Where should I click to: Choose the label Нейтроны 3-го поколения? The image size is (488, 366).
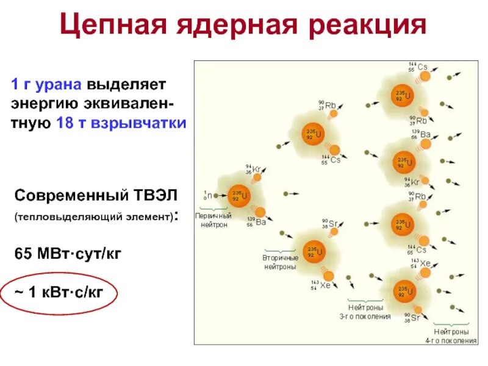tap(365, 312)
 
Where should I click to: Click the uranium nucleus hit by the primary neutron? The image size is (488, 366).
tap(239, 196)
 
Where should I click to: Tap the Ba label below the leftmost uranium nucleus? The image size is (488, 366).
tap(261, 222)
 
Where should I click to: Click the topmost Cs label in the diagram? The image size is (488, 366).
tap(422, 67)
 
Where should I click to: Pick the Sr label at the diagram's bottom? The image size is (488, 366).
tap(415, 317)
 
